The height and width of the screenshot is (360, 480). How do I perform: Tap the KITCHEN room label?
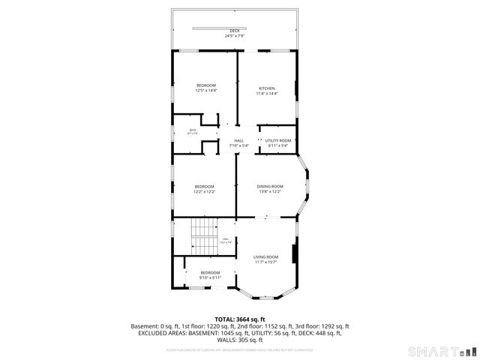click(267, 86)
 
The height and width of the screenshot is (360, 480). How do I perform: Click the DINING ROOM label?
click(270, 186)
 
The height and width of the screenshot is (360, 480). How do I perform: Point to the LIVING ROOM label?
click(265, 256)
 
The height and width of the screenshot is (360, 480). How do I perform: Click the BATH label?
click(193, 130)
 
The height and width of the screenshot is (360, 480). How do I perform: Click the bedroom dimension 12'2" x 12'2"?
click(205, 192)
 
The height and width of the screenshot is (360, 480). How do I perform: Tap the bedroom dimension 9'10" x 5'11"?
click(210, 277)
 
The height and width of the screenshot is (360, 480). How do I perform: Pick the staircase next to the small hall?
click(202, 236)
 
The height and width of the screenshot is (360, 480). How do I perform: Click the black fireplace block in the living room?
click(295, 254)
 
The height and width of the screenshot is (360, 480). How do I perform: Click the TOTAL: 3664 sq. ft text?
click(240, 319)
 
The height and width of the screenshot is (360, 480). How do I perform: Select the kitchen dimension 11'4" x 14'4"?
click(267, 94)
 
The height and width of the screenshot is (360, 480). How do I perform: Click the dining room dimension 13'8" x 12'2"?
click(270, 192)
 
